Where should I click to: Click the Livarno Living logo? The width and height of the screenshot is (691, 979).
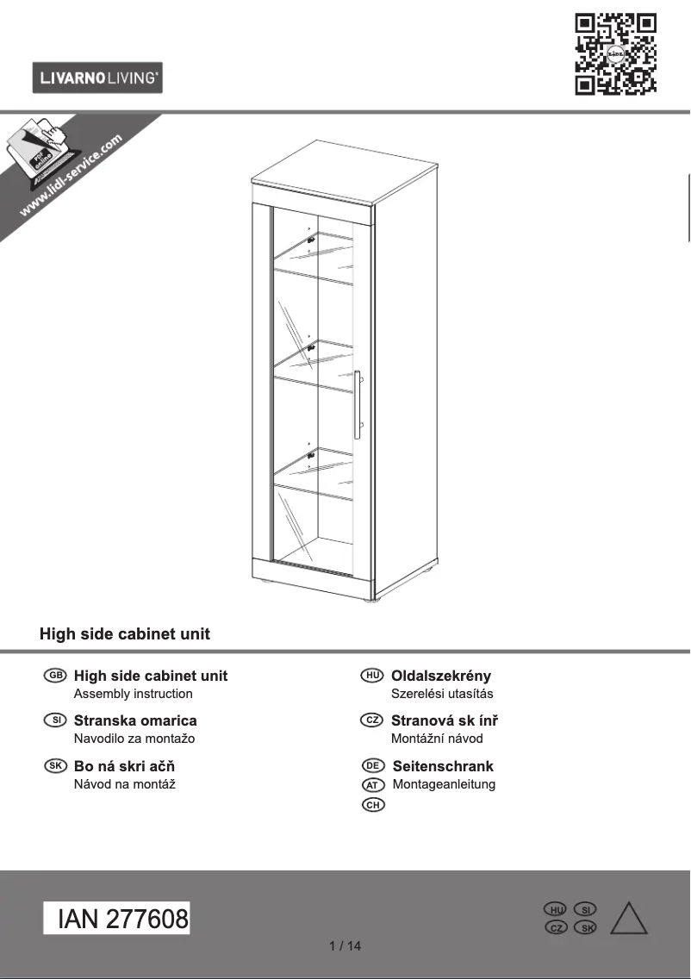pos(97,78)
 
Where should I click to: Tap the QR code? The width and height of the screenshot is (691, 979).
pos(615,54)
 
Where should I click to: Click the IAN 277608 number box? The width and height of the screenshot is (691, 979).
pos(116,918)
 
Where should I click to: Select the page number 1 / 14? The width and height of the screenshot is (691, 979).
pos(345,946)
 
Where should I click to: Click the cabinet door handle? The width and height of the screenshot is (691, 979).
pos(358,404)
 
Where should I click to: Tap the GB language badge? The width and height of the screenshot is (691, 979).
pos(55,675)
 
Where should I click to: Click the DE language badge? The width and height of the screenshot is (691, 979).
pos(373,765)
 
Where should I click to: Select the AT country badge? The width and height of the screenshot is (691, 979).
pos(373,785)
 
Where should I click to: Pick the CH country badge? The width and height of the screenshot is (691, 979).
pos(373,805)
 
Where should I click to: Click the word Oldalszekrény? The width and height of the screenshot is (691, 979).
pos(440,676)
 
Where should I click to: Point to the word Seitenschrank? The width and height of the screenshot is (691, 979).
pos(443,766)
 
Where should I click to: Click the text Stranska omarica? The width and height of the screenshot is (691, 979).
pos(135,720)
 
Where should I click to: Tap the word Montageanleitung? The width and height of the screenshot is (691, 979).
pos(444,785)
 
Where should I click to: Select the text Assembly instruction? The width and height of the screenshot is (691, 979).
pos(133,694)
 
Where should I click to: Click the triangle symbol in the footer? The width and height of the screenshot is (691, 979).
pos(629,919)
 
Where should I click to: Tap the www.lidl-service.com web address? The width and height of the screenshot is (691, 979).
pos(71,176)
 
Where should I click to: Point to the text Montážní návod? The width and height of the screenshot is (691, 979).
pos(437,739)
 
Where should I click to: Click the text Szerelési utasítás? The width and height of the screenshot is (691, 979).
pos(442,694)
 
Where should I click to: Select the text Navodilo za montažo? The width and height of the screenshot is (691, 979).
pos(134,739)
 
